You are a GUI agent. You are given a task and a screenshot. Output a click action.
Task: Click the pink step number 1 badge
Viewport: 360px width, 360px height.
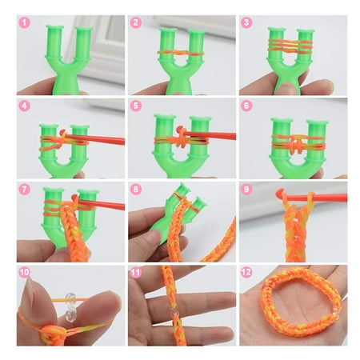pyautogui.click(x=25, y=22)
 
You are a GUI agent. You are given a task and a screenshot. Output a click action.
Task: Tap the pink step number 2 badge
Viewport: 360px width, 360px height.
pyautogui.click(x=136, y=22)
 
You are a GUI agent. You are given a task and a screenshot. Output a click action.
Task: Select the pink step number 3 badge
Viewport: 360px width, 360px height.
pyautogui.click(x=246, y=22)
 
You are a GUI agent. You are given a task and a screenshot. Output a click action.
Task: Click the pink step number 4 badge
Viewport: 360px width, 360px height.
pyautogui.click(x=25, y=106)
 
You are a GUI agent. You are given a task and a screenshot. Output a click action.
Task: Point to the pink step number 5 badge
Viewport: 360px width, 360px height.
pyautogui.click(x=136, y=106)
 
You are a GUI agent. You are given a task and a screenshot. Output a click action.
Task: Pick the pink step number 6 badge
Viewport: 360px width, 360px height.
pyautogui.click(x=246, y=106)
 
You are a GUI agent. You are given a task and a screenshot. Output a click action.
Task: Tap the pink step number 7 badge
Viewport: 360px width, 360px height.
pyautogui.click(x=25, y=190)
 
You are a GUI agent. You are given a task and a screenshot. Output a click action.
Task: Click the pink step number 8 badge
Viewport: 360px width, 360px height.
pyautogui.click(x=136, y=190)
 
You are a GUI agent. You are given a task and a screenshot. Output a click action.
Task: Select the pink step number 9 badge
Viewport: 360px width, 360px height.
pyautogui.click(x=246, y=190)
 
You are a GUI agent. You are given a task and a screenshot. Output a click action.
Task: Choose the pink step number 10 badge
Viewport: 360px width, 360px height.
pyautogui.click(x=25, y=273)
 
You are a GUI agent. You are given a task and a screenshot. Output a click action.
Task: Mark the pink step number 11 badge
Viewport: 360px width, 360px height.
pyautogui.click(x=136, y=273)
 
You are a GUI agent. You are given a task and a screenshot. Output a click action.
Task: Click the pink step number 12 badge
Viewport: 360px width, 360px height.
pyautogui.click(x=246, y=273)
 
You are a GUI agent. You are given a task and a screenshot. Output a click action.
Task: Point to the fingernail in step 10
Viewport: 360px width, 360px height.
pyautogui.click(x=29, y=290)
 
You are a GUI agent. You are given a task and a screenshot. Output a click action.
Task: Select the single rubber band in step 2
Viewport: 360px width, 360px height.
pyautogui.click(x=181, y=53)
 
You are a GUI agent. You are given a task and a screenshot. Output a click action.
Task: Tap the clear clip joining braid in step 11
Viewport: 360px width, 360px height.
pyautogui.click(x=175, y=311)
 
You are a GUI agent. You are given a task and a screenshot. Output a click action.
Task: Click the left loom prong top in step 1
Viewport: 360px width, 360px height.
pyautogui.click(x=54, y=27)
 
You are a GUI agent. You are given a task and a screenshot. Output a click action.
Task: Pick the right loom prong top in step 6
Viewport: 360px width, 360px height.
pyautogui.click(x=317, y=122)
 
